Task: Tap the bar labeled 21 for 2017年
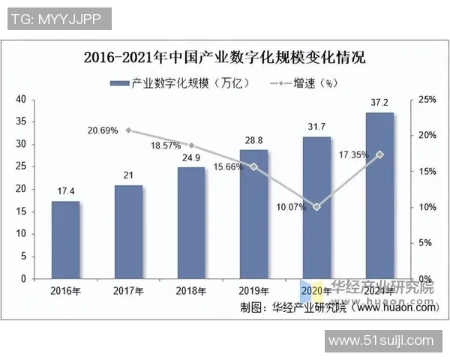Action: (128, 232)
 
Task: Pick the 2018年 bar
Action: (191, 223)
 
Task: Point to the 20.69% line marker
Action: (128, 130)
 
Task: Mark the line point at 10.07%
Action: (316, 206)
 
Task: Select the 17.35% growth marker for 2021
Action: (379, 154)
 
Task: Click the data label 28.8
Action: (253, 140)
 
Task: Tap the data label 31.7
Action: (316, 127)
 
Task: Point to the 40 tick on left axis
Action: (20, 99)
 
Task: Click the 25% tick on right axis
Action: (426, 99)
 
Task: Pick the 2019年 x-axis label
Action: (253, 291)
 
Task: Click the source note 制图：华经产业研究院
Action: (285, 307)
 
